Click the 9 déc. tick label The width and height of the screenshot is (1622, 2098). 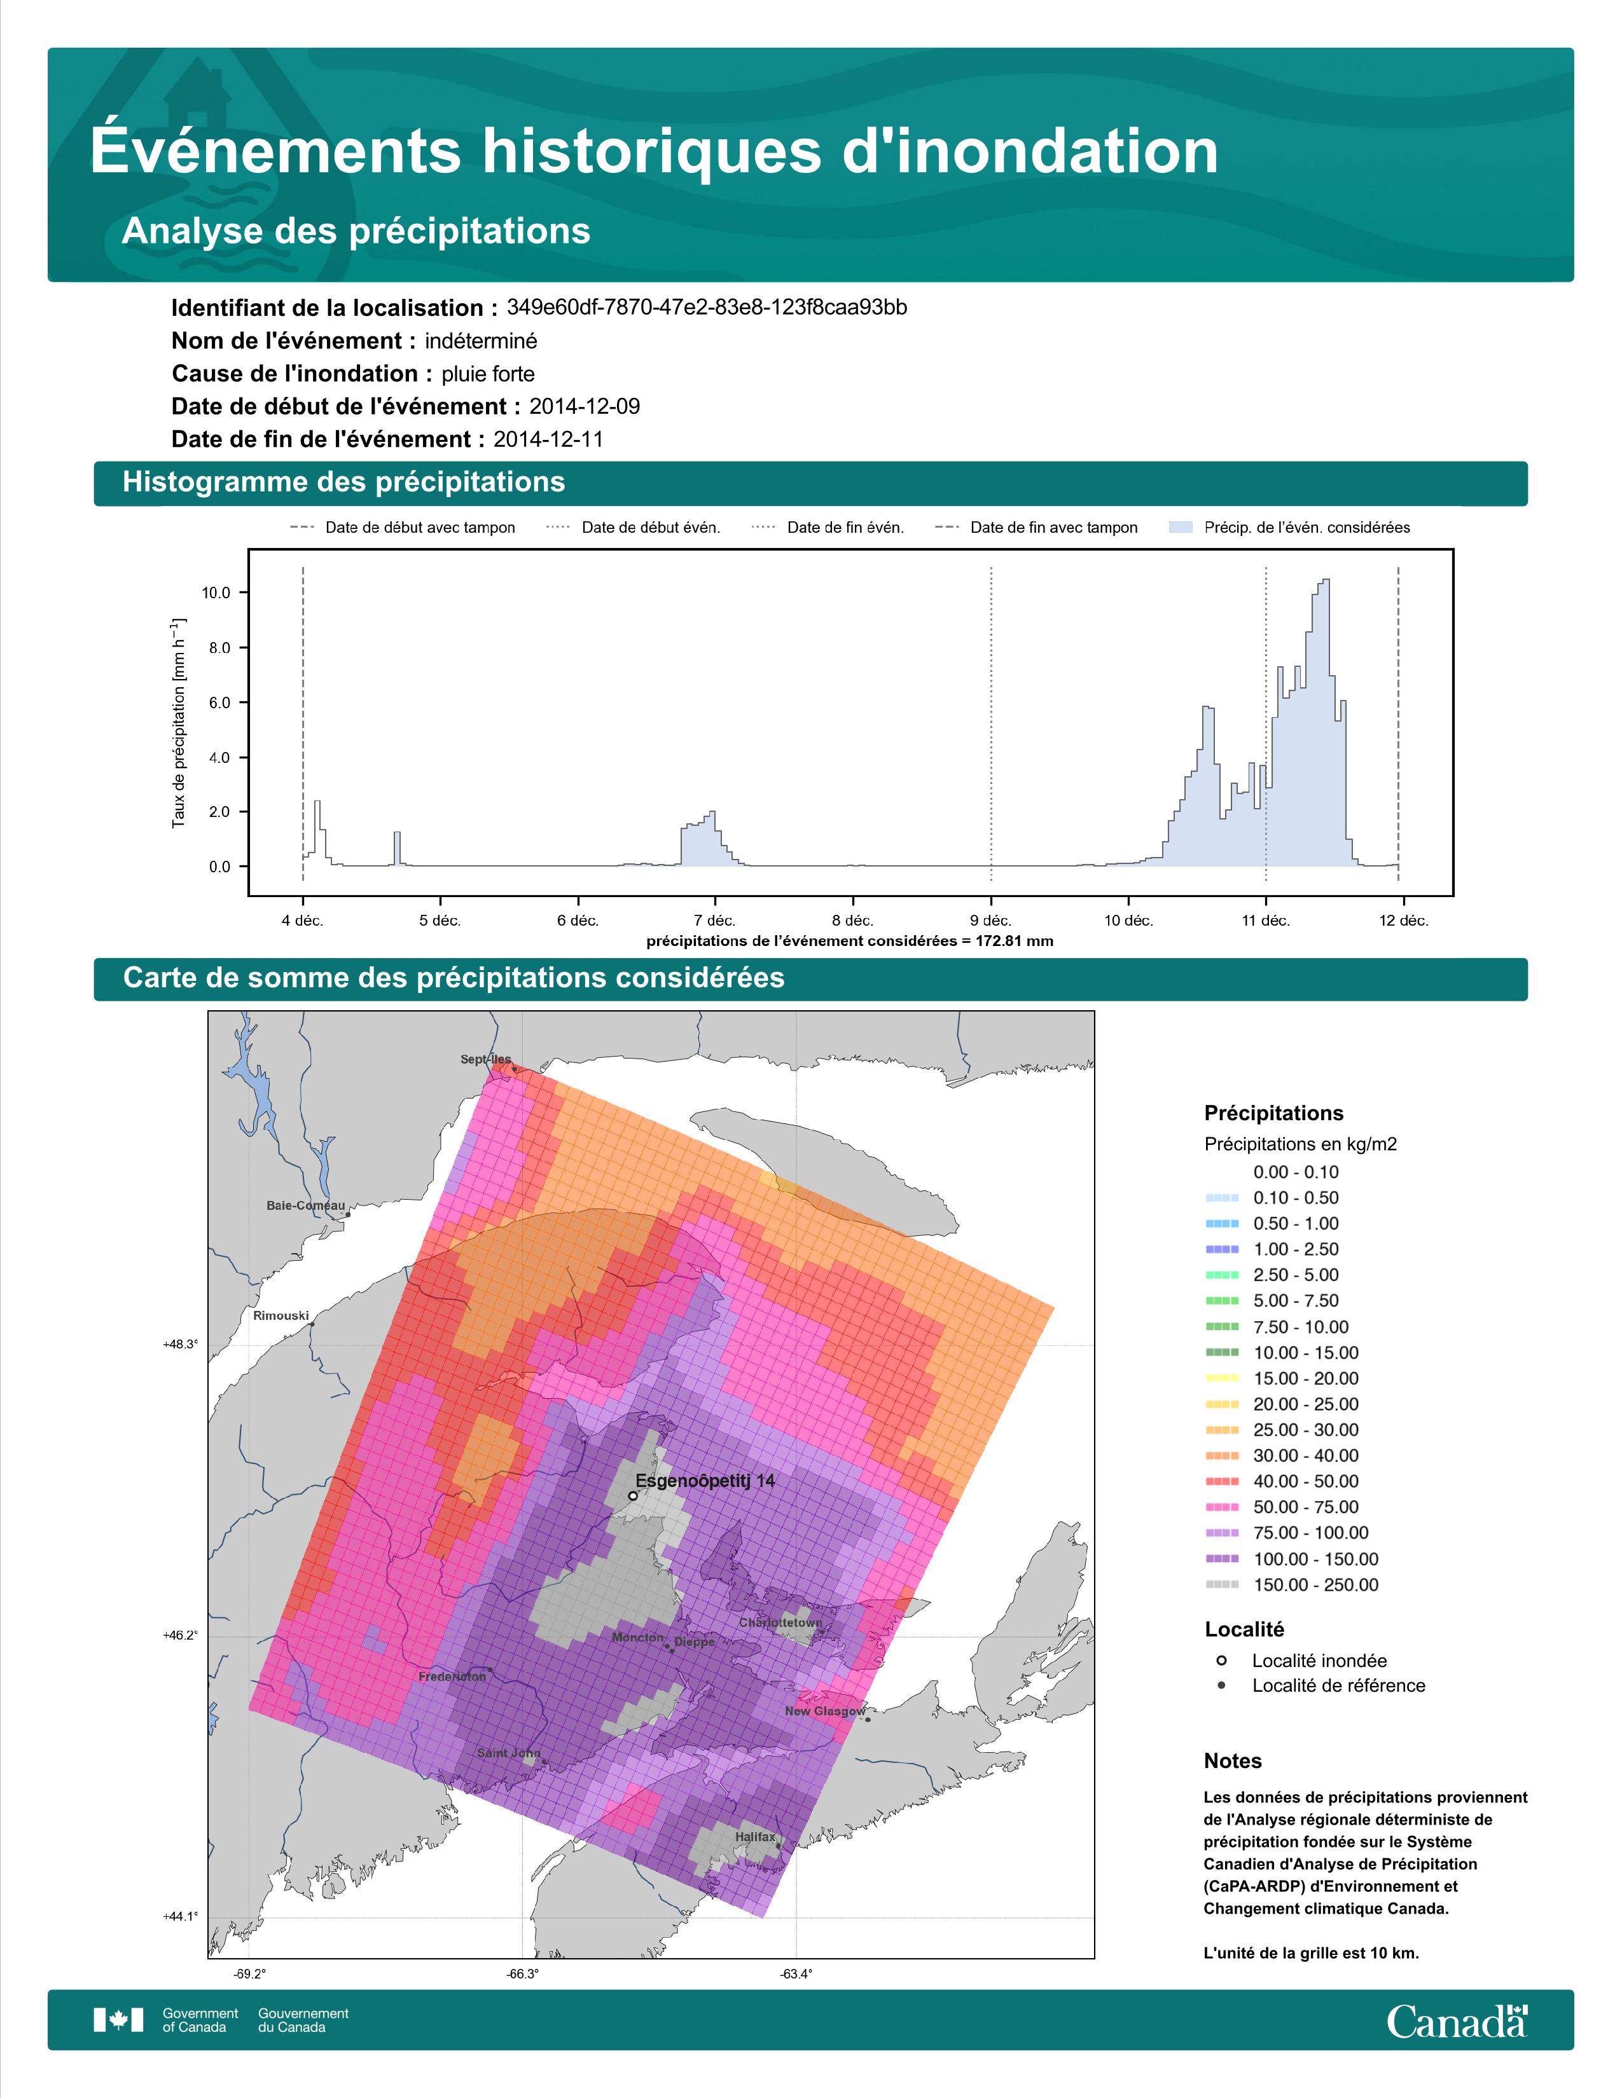point(990,921)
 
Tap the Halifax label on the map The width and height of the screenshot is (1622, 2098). point(755,1837)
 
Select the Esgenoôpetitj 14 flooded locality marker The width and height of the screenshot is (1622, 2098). point(632,1496)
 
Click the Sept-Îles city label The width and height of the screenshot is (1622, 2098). point(486,1060)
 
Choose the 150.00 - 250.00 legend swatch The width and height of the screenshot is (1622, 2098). point(1221,1585)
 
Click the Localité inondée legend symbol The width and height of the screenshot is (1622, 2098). point(1221,1660)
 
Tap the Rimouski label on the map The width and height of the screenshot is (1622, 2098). point(281,1315)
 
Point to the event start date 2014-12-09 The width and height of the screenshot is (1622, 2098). point(584,406)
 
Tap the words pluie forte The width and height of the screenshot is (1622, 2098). point(488,374)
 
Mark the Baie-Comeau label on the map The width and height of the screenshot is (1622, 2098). point(305,1205)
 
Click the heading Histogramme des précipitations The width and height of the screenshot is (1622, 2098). point(344,483)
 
